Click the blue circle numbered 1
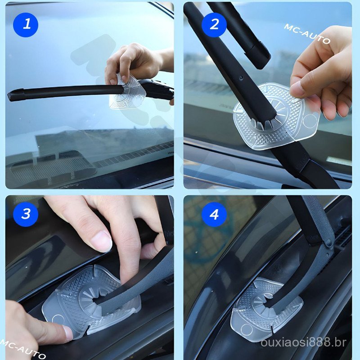pos(26,25)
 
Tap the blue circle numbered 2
pos(214,25)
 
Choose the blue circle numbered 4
pos(214,214)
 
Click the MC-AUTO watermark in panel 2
pos(307,34)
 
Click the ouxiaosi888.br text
pos(303,342)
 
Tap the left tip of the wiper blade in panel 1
pos(9,96)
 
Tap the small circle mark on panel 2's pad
pos(310,121)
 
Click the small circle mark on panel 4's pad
pos(246,330)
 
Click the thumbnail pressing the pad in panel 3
pos(68,333)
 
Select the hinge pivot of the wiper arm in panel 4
pos(329,243)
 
